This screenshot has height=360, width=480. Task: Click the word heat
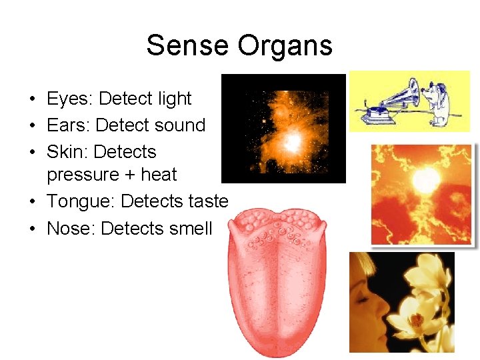pyautogui.click(x=159, y=175)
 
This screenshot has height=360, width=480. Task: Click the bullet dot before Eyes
pyautogui.click(x=32, y=100)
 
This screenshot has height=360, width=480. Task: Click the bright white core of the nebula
pyautogui.click(x=291, y=141)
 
